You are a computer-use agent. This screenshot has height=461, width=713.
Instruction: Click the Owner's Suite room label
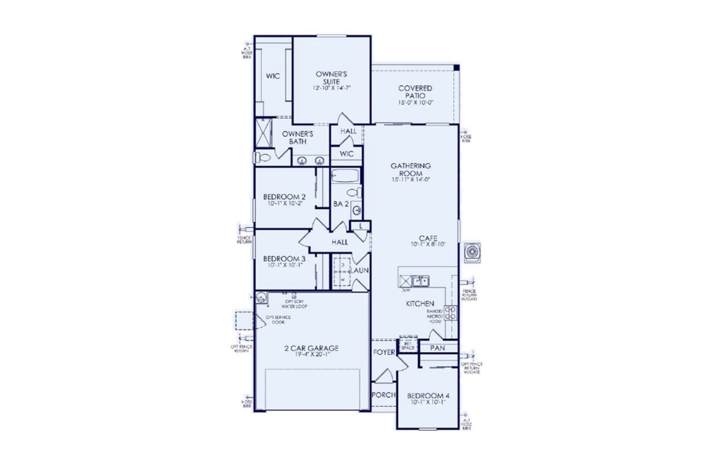click(x=331, y=77)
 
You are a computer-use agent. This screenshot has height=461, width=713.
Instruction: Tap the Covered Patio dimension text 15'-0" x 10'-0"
click(x=415, y=103)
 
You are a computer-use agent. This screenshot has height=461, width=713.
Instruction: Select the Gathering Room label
click(x=411, y=169)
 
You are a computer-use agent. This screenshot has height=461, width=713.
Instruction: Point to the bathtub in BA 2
click(x=345, y=178)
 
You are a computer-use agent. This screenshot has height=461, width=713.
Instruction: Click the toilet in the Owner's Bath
click(x=262, y=158)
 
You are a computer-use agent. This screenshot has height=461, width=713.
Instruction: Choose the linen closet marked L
click(x=361, y=225)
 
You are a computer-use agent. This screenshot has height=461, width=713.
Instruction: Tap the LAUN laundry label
click(x=360, y=270)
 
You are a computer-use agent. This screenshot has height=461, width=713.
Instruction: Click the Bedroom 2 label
click(x=284, y=196)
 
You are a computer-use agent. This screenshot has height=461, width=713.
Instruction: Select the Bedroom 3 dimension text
click(x=284, y=266)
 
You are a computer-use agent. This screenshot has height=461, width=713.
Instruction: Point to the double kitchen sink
click(x=419, y=281)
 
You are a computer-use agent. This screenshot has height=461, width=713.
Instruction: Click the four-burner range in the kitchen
click(x=451, y=313)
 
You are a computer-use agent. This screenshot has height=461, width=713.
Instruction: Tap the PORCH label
click(x=384, y=395)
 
